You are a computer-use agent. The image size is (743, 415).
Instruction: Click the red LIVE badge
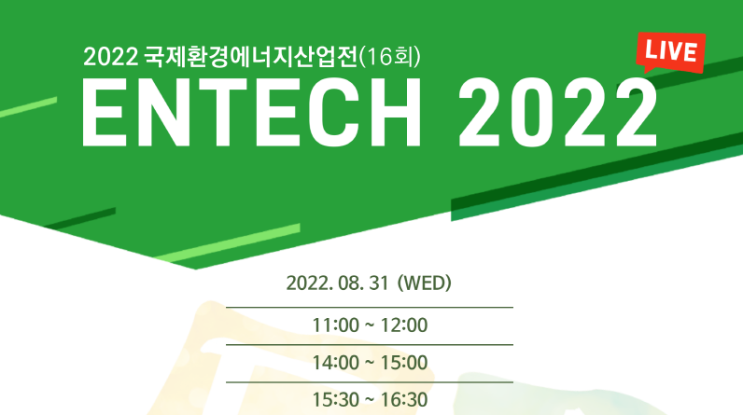(x=669, y=52)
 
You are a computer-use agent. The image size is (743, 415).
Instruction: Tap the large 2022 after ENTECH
(x=557, y=113)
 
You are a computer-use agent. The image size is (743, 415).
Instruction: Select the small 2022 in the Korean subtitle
(x=110, y=58)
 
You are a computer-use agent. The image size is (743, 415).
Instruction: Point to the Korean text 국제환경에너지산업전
(x=250, y=58)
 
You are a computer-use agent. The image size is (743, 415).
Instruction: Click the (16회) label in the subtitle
(x=392, y=58)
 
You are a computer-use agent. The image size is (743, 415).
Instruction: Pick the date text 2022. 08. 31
(x=337, y=284)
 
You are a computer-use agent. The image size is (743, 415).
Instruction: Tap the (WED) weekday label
(x=424, y=284)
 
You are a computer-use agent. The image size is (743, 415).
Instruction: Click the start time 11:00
(x=333, y=325)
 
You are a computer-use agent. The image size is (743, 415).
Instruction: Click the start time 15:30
(x=333, y=400)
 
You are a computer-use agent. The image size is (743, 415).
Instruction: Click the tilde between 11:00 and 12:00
(x=370, y=325)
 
